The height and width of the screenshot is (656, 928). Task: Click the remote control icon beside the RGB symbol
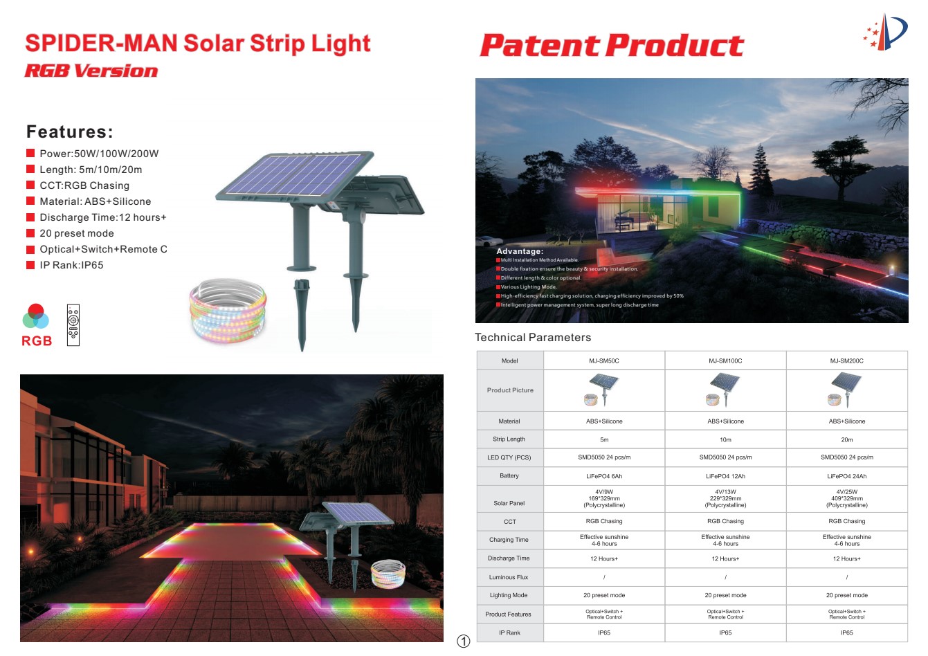pyautogui.click(x=73, y=325)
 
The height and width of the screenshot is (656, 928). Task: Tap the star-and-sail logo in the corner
pyautogui.click(x=886, y=32)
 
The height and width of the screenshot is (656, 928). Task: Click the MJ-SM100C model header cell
pyautogui.click(x=725, y=361)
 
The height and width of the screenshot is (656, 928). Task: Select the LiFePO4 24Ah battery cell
pyautogui.click(x=847, y=476)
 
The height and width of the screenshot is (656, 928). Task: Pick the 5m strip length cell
pyautogui.click(x=604, y=439)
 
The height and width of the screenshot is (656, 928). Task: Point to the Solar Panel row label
pyautogui.click(x=509, y=503)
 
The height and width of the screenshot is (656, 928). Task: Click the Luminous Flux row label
pyautogui.click(x=509, y=577)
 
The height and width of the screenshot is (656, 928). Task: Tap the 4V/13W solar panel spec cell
pyautogui.click(x=725, y=499)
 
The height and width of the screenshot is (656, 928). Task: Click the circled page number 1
pyautogui.click(x=464, y=641)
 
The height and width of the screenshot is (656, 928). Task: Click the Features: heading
pyautogui.click(x=70, y=131)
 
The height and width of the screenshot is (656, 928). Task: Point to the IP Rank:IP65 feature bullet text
pyautogui.click(x=72, y=265)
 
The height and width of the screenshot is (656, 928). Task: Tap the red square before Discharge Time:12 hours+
pyautogui.click(x=30, y=217)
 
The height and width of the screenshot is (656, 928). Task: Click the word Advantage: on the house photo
pyautogui.click(x=520, y=251)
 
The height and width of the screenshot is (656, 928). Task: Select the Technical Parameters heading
pyautogui.click(x=533, y=338)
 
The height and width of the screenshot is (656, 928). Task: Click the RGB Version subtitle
pyautogui.click(x=91, y=71)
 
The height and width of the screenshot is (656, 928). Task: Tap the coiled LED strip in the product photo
pyautogui.click(x=228, y=310)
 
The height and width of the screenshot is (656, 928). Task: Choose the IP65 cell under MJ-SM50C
pyautogui.click(x=604, y=632)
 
